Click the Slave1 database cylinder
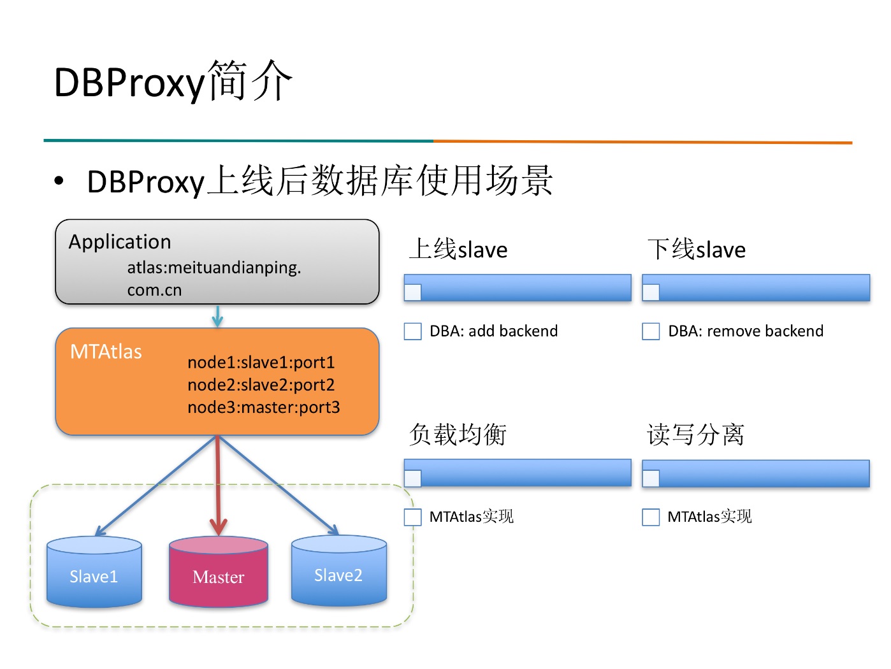94,572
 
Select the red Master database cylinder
219,572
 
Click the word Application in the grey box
120,242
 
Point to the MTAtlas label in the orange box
106,351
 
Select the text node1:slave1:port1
261,363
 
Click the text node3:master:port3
264,407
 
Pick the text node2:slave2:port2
261,385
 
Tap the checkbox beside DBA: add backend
412,331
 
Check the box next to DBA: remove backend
651,331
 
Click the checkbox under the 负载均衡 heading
412,517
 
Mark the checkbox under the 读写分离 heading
651,517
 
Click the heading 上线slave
458,248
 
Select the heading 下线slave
697,248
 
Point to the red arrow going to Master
218,486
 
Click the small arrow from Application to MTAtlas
218,317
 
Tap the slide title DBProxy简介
173,81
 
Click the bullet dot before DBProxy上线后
59,181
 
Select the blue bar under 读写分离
756,473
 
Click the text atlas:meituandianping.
214,268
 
